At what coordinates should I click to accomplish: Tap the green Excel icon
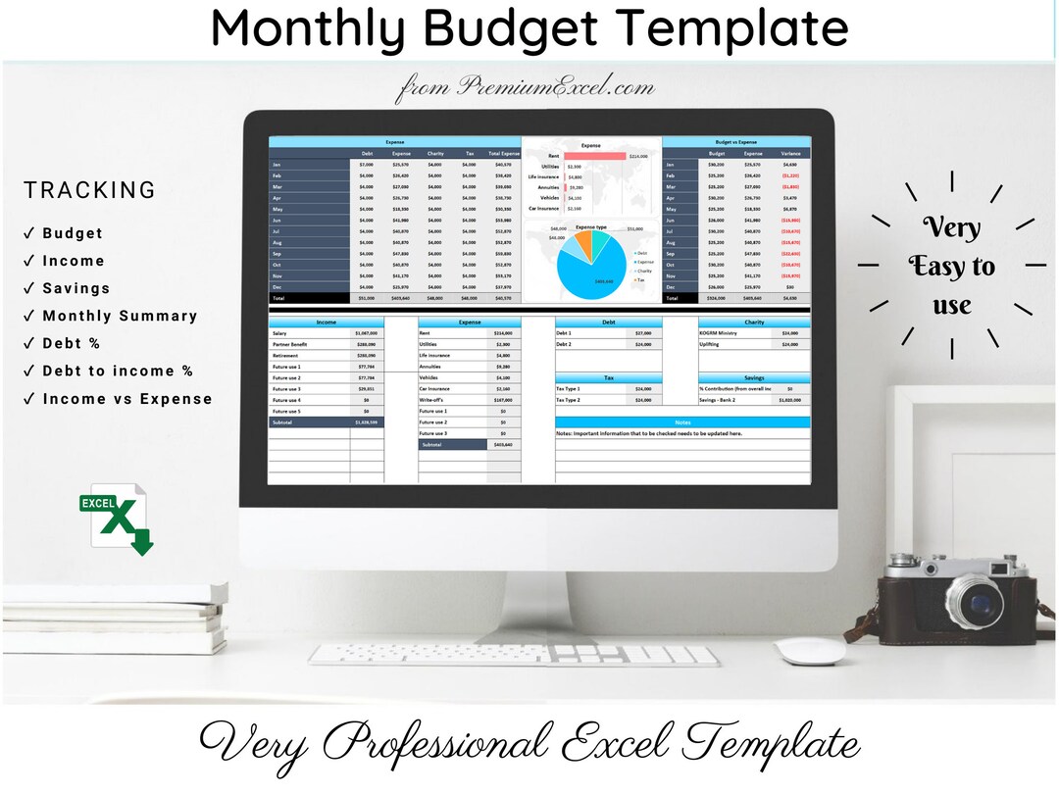[x=116, y=519]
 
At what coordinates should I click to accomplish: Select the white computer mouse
[x=809, y=650]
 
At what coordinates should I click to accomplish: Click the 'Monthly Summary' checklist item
[x=120, y=316]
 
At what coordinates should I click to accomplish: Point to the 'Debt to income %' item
[x=118, y=371]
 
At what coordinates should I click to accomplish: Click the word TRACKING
[x=90, y=190]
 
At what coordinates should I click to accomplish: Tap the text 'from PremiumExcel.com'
[x=525, y=88]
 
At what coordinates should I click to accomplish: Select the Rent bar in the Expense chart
[x=594, y=156]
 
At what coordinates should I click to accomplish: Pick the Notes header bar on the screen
[x=682, y=422]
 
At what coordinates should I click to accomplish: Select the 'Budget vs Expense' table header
[x=735, y=142]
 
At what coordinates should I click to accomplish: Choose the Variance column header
[x=790, y=154]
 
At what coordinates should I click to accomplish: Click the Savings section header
[x=754, y=377]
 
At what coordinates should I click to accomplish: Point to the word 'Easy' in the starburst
[x=951, y=267]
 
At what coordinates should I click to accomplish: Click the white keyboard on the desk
[x=515, y=655]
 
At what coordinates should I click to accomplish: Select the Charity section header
[x=754, y=322]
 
